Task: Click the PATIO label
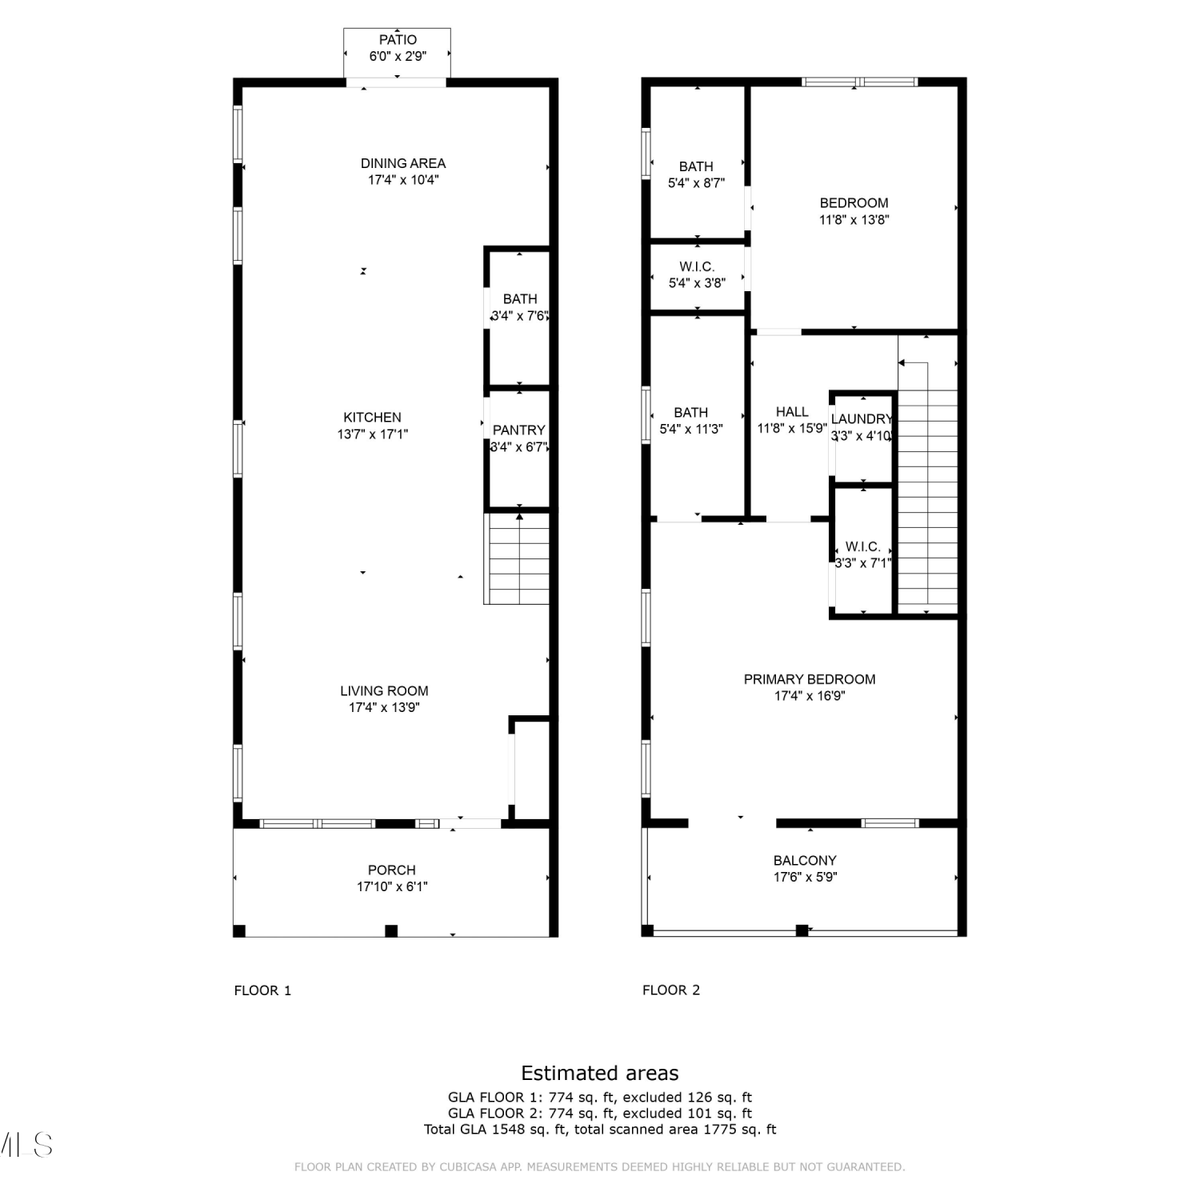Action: coord(398,40)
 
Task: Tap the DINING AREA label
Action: coord(403,163)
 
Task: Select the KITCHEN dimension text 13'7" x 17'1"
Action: coord(373,434)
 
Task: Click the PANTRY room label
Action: coord(519,430)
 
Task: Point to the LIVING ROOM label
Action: coord(384,691)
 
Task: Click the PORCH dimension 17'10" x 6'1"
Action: coord(392,886)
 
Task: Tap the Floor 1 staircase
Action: coord(518,558)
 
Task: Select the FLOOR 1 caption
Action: coord(262,990)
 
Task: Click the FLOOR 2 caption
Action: coord(671,990)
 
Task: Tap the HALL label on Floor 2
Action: coord(792,412)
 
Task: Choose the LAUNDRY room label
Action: coord(862,419)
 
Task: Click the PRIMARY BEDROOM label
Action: coord(810,679)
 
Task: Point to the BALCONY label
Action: coord(805,861)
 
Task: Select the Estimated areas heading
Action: coord(600,1074)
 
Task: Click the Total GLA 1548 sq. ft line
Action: coord(600,1130)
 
